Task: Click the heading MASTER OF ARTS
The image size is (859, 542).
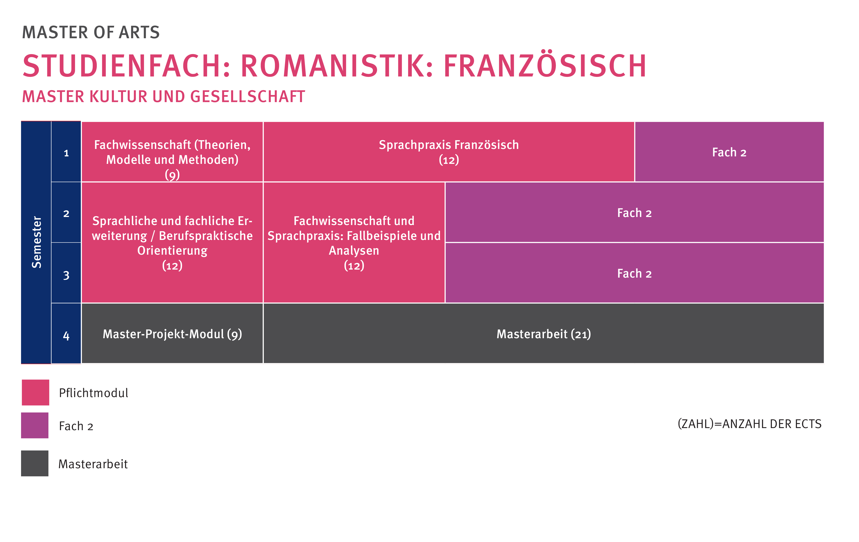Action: (91, 33)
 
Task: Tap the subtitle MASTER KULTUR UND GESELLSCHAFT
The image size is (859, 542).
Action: (163, 97)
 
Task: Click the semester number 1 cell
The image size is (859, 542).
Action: (66, 152)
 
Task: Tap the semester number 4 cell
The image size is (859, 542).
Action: (66, 334)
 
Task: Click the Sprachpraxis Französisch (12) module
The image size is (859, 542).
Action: (449, 152)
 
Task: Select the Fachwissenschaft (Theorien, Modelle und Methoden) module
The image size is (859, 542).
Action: (172, 152)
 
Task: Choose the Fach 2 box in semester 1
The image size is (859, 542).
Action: (729, 152)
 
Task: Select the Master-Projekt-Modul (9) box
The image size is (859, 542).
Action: (172, 334)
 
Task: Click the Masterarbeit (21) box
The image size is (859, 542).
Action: (544, 334)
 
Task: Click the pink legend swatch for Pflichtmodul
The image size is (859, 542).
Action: (35, 392)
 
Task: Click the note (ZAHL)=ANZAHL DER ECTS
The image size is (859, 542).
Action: (750, 424)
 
